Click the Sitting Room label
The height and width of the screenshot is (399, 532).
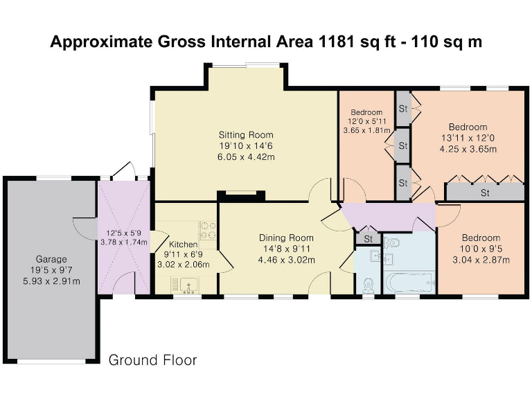click(x=246, y=135)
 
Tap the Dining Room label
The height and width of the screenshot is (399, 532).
click(x=286, y=238)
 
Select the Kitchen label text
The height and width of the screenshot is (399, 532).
click(x=183, y=245)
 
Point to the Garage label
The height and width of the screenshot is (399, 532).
click(x=51, y=260)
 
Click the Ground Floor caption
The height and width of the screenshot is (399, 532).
click(x=152, y=360)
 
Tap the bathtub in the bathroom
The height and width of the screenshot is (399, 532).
click(x=409, y=283)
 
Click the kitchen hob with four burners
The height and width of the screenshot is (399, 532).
click(x=208, y=231)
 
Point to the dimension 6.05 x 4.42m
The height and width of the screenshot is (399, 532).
click(x=246, y=157)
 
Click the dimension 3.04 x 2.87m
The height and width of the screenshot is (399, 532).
click(x=481, y=260)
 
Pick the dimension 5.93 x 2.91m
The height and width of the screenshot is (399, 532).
click(x=51, y=281)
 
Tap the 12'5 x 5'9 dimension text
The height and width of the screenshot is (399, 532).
click(x=123, y=233)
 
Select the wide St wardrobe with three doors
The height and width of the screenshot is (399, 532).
click(x=485, y=192)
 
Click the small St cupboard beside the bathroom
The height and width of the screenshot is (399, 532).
click(x=368, y=238)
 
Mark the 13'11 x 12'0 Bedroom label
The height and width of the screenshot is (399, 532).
click(x=468, y=127)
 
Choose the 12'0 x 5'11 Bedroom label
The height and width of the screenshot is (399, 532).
click(x=366, y=112)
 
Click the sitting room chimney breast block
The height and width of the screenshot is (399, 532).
click(x=241, y=197)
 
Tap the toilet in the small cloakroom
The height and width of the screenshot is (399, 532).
click(x=368, y=285)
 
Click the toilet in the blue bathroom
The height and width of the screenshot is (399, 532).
click(x=391, y=242)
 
